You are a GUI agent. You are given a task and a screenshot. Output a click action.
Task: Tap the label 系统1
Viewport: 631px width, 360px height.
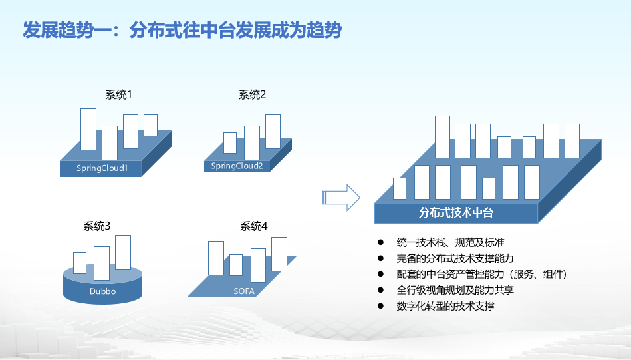[118, 94]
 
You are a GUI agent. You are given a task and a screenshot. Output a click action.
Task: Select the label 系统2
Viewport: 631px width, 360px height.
[252, 94]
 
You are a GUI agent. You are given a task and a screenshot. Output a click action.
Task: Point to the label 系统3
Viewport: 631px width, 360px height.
[96, 226]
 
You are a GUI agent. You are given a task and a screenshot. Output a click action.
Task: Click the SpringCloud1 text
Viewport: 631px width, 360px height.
[102, 168]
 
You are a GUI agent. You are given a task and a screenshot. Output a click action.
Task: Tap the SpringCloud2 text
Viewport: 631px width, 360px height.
[237, 166]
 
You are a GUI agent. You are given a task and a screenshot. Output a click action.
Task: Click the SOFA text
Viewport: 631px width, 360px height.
[244, 291]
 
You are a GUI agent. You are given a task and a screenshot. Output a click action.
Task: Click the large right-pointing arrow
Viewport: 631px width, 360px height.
[340, 197]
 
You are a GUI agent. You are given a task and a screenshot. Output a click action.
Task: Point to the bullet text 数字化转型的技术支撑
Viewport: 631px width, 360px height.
[445, 307]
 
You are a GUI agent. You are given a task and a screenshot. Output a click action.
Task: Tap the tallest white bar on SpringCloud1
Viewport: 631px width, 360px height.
[88, 129]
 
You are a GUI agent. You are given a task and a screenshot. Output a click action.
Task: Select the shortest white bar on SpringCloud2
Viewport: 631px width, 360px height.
[230, 142]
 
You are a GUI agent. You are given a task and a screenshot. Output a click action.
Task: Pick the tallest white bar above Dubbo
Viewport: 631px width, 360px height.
[123, 252]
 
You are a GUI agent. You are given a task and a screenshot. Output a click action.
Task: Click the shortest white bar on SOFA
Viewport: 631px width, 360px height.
[236, 265]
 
